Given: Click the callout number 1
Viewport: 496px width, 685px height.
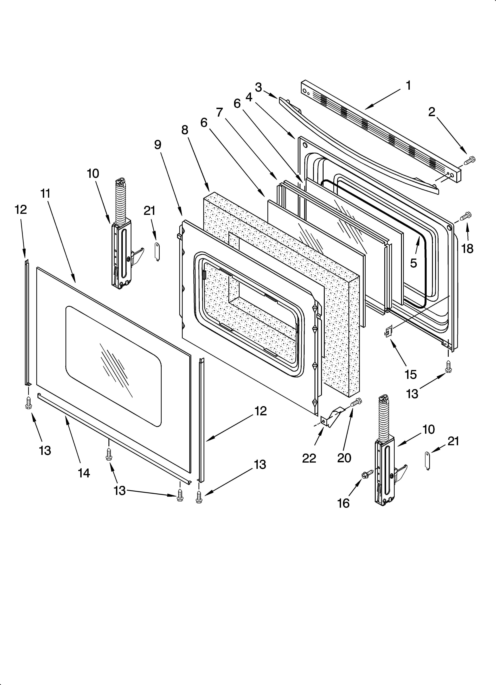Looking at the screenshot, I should point(408,86).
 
